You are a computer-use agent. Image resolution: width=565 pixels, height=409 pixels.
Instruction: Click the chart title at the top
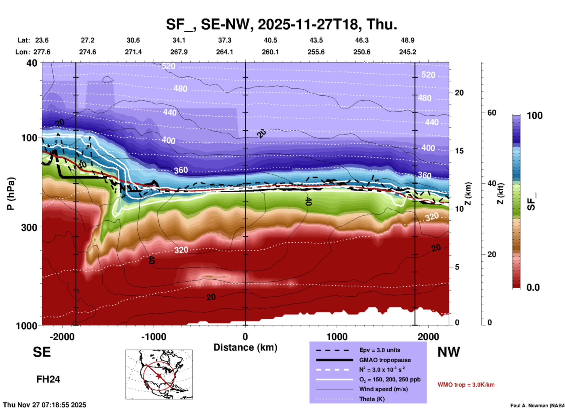281,24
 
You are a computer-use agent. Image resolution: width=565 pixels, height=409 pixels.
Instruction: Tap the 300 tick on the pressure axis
29,227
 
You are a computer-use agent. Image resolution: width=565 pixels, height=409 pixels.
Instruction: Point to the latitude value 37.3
224,40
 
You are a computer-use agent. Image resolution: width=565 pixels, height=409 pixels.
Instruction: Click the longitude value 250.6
362,52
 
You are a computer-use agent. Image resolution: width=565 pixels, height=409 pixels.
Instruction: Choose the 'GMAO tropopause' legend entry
385,360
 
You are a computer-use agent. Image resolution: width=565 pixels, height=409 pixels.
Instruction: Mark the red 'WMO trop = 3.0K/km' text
466,385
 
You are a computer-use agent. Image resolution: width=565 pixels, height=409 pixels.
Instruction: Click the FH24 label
48,379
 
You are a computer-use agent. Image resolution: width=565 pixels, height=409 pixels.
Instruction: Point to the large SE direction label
42,352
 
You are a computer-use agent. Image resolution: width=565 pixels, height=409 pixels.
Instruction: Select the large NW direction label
449,352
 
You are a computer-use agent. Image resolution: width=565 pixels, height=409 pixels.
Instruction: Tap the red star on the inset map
159,376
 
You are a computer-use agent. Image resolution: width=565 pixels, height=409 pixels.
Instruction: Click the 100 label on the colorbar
534,116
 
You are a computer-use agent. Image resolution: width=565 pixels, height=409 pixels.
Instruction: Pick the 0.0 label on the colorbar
533,288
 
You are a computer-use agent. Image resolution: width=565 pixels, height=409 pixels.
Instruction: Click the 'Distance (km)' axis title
245,347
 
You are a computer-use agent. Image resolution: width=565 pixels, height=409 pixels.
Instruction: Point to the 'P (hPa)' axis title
11,193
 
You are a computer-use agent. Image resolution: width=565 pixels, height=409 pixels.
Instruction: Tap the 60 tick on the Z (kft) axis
492,113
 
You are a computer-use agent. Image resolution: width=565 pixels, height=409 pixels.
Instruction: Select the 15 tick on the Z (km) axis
459,151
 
